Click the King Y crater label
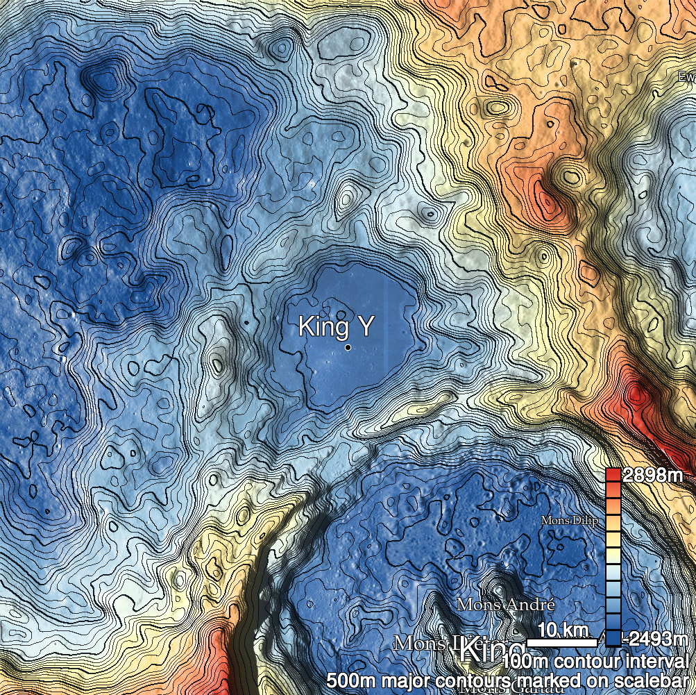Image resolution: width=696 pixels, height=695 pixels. coord(335,326)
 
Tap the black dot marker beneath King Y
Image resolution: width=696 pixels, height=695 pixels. coord(348,347)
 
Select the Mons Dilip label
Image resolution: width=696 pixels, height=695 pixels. coord(569,521)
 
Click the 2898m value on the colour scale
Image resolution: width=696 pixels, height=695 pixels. coord(653,476)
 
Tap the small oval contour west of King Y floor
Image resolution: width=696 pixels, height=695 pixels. coord(218,363)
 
